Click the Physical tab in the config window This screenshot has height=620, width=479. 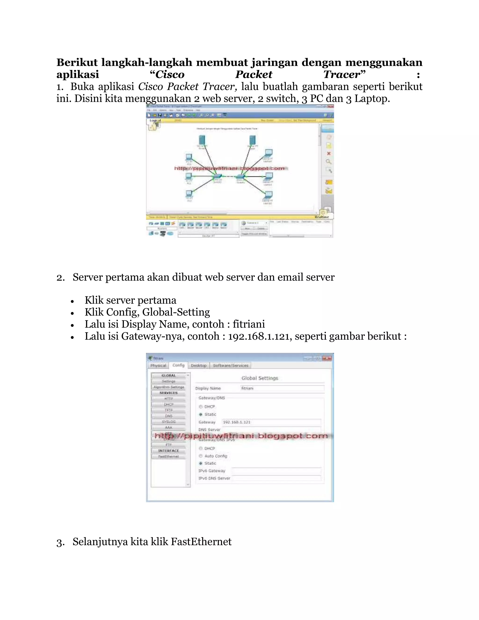(x=158, y=365)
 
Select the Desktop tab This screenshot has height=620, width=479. (x=199, y=365)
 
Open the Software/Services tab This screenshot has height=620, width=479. (x=230, y=365)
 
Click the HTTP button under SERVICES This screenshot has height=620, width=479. (x=169, y=399)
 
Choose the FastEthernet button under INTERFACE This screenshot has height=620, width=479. (x=169, y=456)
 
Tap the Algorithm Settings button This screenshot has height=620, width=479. (x=169, y=387)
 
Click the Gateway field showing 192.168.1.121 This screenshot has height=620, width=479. (x=271, y=422)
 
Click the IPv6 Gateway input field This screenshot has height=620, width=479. (x=276, y=471)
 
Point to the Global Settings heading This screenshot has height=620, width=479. (x=260, y=378)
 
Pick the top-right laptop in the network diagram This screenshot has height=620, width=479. (x=268, y=153)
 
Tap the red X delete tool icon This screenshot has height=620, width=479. (x=329, y=153)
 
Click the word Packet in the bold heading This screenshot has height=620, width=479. (x=254, y=74)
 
